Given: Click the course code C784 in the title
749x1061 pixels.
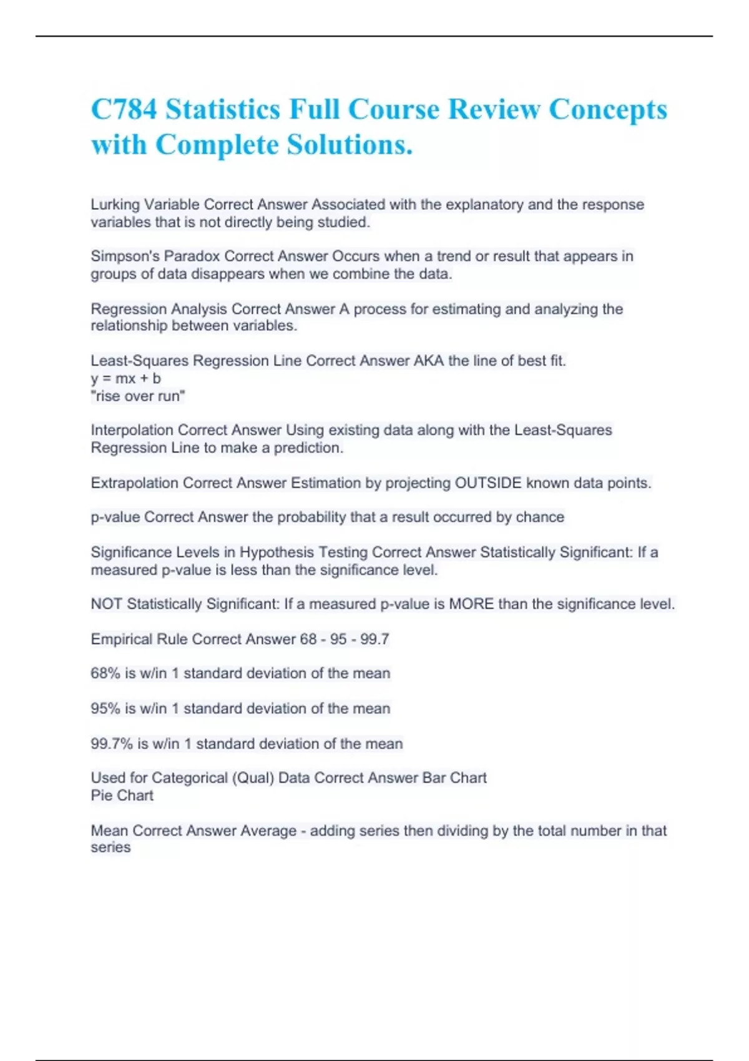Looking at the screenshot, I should coord(124,109).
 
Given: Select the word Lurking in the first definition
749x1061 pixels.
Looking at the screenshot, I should coord(115,205).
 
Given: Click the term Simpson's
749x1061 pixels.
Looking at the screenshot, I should coord(125,257).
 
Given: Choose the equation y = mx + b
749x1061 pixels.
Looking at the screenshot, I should coord(125,378).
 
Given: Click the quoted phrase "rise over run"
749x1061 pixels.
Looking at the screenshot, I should coord(138,396).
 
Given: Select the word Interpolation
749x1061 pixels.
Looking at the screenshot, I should coord(132,430).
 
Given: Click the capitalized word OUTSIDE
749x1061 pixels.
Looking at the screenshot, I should coord(488,483).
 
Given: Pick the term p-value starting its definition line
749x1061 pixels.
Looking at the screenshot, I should coord(115,517).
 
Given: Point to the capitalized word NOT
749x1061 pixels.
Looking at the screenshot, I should coord(106,604).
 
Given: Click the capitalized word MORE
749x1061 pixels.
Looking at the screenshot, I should coord(471,604).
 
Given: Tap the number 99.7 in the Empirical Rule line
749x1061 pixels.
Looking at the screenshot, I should coord(374,639).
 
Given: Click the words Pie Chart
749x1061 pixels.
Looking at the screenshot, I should coord(122,795).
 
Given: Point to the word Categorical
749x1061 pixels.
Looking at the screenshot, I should coord(189,778).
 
